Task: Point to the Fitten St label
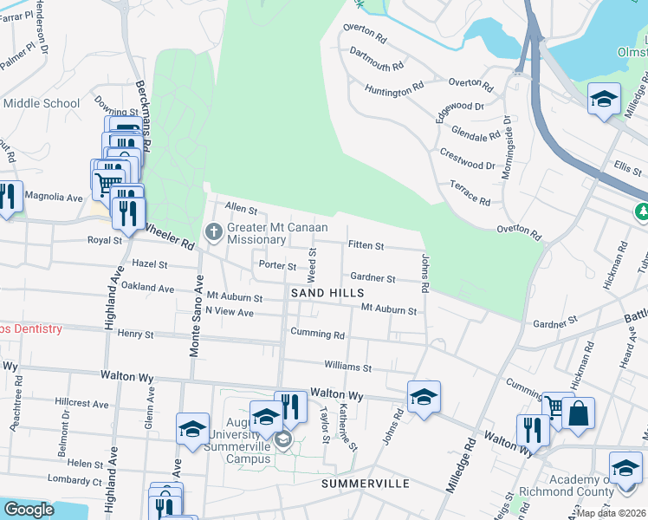(366, 246)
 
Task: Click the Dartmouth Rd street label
(377, 59)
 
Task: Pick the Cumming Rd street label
(319, 335)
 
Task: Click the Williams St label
(348, 367)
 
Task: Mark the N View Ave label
(230, 312)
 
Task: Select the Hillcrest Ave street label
(81, 404)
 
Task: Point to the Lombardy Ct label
(75, 478)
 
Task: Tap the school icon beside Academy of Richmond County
(625, 468)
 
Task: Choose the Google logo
(28, 510)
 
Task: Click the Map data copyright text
(611, 513)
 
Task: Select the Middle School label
(42, 104)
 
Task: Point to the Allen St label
(242, 209)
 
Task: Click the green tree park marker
(642, 211)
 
